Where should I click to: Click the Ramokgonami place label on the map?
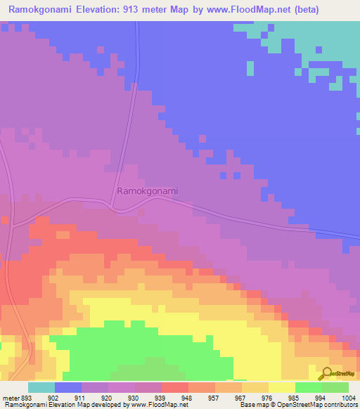[147, 190]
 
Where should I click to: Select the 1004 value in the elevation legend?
[349, 397]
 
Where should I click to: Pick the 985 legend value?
[295, 397]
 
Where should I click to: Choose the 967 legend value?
[241, 397]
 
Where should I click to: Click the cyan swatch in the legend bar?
[41, 387]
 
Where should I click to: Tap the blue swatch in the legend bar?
[68, 387]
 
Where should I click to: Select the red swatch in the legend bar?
[175, 387]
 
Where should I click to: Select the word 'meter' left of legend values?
[11, 397]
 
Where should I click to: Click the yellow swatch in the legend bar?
[282, 387]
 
